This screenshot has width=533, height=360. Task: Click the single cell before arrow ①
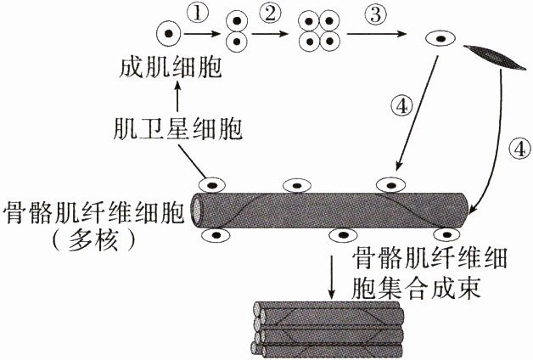169,34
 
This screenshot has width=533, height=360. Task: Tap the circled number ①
196,14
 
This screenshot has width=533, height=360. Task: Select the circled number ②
271,14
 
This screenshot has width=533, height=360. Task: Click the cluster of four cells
323,33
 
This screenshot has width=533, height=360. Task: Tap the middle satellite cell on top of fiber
295,185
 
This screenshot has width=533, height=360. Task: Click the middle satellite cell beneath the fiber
342,235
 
